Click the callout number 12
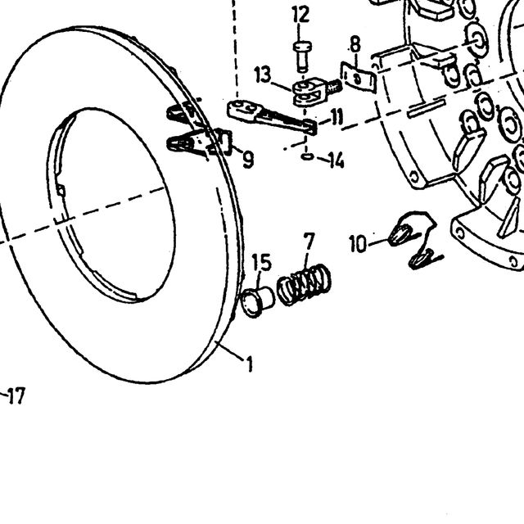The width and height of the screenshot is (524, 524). pos(300,15)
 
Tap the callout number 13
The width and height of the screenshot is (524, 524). pos(263,75)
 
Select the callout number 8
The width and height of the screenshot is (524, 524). pos(355,44)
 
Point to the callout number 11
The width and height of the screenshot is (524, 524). pos(336,117)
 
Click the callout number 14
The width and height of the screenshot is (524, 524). pos(336,160)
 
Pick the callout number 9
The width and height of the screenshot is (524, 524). pos(248,160)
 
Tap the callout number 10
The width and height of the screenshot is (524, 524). pos(358,244)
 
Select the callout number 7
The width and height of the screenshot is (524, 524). pos(309,241)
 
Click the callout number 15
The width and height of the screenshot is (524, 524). pos(261,262)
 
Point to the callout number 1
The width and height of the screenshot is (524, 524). pos(249,364)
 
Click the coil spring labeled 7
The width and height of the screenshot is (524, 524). pos(304,284)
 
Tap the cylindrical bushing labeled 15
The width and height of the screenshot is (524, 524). pos(257,301)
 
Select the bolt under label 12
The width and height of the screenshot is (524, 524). pos(302,56)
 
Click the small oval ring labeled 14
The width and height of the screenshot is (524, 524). pos(307,156)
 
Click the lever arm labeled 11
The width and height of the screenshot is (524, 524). pos(272,116)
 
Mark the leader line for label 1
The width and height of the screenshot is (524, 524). pos(230,350)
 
